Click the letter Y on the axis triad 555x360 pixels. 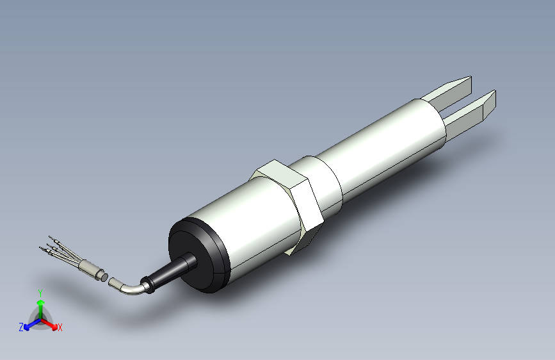pyautogui.click(x=40, y=291)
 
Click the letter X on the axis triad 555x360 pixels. pyautogui.click(x=60, y=327)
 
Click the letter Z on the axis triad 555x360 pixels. pyautogui.click(x=21, y=327)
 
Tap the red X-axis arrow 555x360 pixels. pyautogui.click(x=51, y=323)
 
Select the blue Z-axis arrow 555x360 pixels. pyautogui.click(x=30, y=323)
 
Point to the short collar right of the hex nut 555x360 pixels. pyautogui.click(x=326, y=183)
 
